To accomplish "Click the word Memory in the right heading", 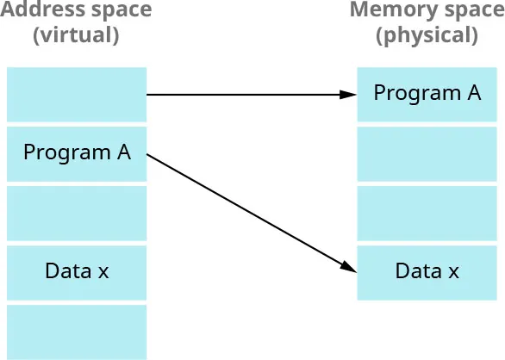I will click(x=384, y=11).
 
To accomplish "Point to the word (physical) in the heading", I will click(x=427, y=36).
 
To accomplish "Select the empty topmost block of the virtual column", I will click(x=77, y=94).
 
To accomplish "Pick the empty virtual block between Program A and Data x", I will click(x=77, y=213).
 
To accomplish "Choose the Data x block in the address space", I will click(x=77, y=272).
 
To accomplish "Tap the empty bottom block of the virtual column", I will click(x=77, y=332).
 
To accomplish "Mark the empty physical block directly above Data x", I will click(x=427, y=213).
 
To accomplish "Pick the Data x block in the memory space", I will click(x=427, y=272).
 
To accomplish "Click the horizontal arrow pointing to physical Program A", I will click(x=250, y=94).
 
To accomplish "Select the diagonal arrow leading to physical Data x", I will click(x=250, y=211).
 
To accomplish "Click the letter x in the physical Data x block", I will click(x=453, y=272).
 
